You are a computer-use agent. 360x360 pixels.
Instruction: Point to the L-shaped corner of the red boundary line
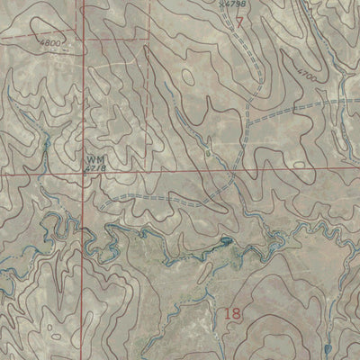149,40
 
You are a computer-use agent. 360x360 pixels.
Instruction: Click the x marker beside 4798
221,4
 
